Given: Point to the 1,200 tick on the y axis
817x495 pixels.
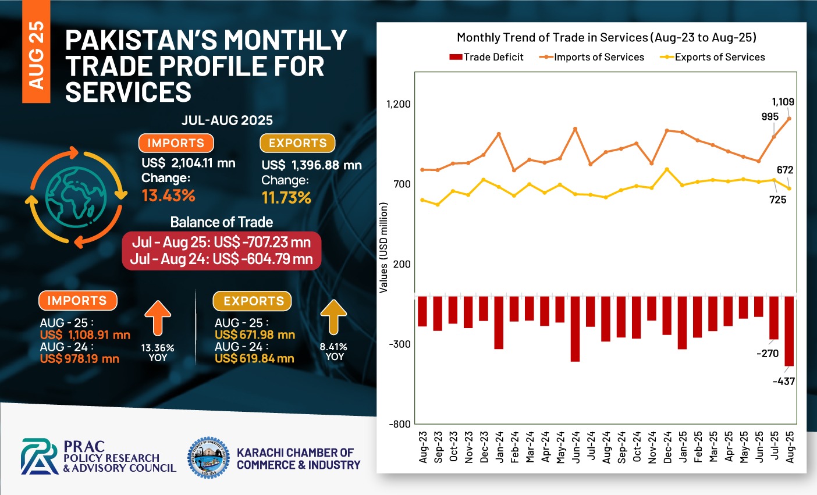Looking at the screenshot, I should [x=399, y=104].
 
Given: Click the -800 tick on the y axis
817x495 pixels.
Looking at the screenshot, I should [x=400, y=424].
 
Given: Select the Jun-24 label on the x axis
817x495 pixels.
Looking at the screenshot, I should [x=576, y=447].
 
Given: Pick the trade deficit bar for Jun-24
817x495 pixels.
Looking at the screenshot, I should [x=575, y=329].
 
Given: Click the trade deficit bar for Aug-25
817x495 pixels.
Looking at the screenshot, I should [x=789, y=331].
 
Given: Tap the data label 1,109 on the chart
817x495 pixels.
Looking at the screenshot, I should [x=783, y=102].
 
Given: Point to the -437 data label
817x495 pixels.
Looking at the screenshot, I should [x=783, y=382].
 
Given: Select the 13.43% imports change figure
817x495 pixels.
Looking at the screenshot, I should [x=169, y=195].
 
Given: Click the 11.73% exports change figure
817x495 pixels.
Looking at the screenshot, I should [x=286, y=198].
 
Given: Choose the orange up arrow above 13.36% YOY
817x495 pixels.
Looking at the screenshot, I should [x=158, y=318].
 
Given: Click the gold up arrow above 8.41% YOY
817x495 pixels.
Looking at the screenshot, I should [x=333, y=317].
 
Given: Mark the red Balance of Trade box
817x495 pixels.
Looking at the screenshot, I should [x=221, y=251].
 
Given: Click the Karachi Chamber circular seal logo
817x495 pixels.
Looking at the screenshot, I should [x=209, y=458].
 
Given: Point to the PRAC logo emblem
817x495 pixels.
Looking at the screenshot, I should [x=40, y=457].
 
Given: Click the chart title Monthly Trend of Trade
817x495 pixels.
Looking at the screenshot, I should [x=606, y=38].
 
